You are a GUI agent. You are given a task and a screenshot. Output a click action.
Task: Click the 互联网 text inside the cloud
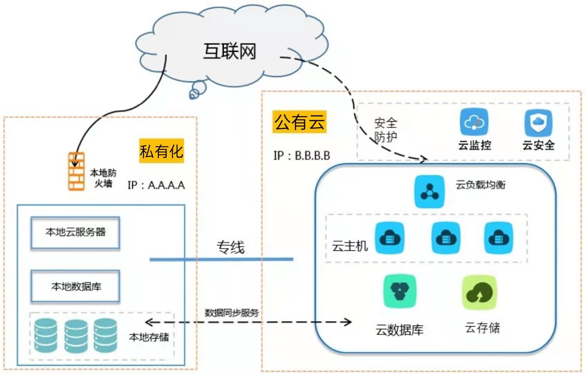tap(229, 52)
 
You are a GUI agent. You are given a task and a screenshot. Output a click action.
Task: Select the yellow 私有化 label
tap(161, 151)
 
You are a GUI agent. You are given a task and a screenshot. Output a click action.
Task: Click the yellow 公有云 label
tap(300, 122)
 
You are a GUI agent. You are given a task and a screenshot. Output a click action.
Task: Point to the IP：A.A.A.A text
tap(156, 185)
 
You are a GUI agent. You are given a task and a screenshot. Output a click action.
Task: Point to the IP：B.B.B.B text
tap(302, 155)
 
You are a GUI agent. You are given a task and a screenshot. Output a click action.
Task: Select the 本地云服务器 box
tap(75, 232)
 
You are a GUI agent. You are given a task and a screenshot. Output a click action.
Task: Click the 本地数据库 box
tap(75, 287)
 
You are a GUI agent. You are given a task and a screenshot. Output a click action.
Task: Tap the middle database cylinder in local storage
tap(76, 336)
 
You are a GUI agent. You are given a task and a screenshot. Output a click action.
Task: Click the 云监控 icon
tap(474, 122)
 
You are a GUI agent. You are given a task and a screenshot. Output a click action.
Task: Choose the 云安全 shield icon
tap(538, 123)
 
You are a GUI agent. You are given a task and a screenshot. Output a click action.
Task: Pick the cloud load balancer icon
tap(429, 192)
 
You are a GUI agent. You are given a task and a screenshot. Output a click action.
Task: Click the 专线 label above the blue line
tap(231, 247)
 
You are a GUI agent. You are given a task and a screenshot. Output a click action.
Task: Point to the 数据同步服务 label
tap(231, 313)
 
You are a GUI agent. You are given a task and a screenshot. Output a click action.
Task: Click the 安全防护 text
tap(385, 130)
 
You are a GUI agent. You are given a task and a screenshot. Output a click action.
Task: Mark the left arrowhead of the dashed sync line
tap(148, 322)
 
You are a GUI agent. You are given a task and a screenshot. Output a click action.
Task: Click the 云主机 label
tap(350, 246)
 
